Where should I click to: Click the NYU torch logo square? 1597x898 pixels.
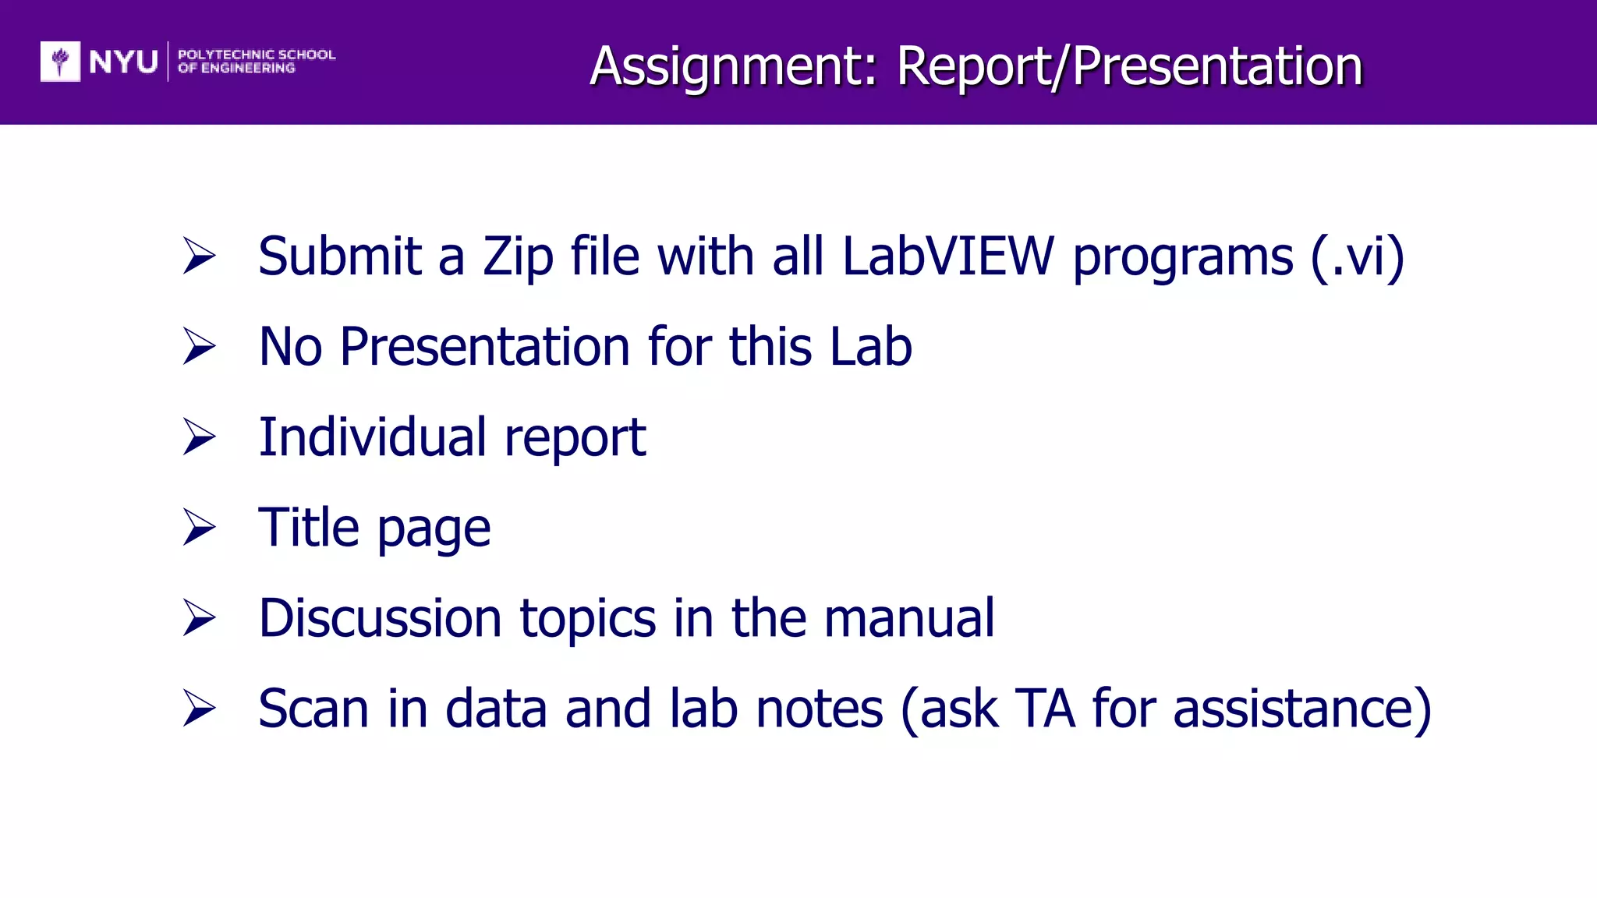[x=60, y=61]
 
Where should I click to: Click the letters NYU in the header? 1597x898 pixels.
[x=123, y=62]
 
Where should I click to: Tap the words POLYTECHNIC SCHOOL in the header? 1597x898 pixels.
[x=257, y=55]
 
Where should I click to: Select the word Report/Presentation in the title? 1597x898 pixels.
[x=1129, y=66]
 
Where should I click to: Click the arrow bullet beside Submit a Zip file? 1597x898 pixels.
[x=199, y=256]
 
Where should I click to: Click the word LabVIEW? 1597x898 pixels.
[x=948, y=256]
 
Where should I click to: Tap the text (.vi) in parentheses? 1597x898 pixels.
[x=1358, y=257]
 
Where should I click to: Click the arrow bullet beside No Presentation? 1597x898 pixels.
[x=199, y=346]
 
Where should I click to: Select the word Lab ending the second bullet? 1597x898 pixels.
[x=870, y=346]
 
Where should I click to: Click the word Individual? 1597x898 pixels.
[x=372, y=437]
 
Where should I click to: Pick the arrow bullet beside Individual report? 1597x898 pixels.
[x=199, y=437]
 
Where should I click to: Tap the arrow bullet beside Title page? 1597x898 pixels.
[x=199, y=528]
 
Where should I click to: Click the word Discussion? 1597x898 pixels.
[x=380, y=618]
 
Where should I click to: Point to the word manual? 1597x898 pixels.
[x=909, y=618]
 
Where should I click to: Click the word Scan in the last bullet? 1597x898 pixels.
[x=313, y=709]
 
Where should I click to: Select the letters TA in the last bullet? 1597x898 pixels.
[x=1045, y=709]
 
